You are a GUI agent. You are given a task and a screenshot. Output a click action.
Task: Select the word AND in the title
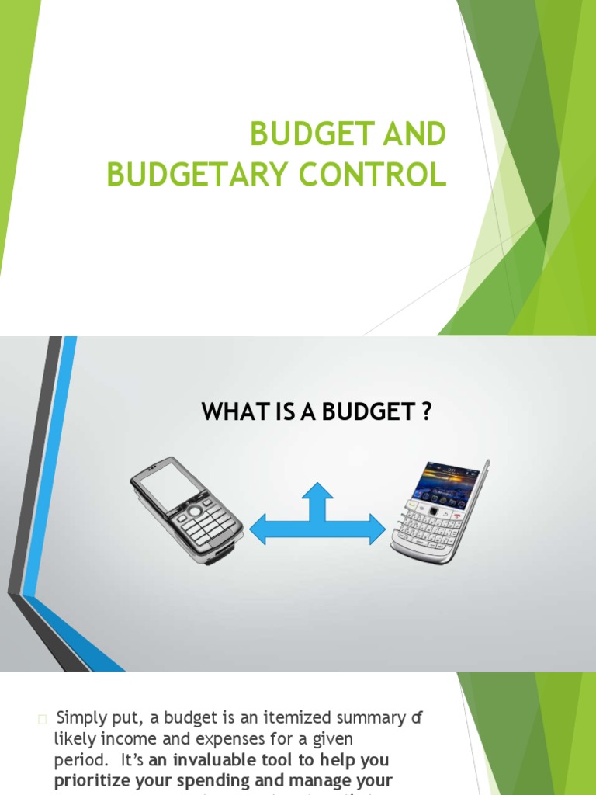(x=414, y=134)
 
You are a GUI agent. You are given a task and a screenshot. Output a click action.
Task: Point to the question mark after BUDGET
(x=425, y=411)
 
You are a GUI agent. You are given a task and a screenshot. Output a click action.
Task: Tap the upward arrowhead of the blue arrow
(x=317, y=492)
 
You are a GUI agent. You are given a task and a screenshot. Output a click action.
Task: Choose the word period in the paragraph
(x=76, y=759)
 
